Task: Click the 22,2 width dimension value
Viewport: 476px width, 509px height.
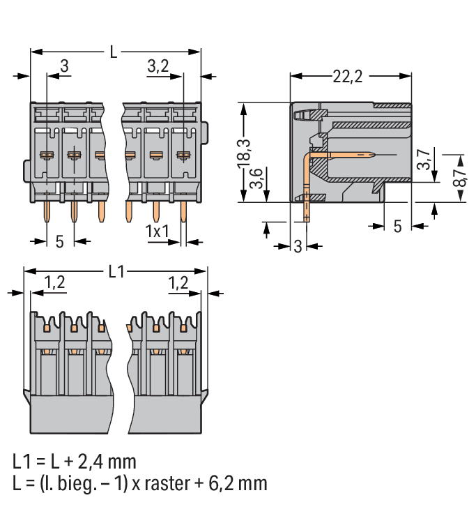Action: pyautogui.click(x=347, y=77)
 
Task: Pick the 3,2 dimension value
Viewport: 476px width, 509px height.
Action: pyautogui.click(x=159, y=66)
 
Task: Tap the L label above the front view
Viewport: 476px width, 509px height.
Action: pyautogui.click(x=114, y=52)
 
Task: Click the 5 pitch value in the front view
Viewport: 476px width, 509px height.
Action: pyautogui.click(x=59, y=241)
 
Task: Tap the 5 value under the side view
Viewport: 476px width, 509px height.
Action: pyautogui.click(x=397, y=227)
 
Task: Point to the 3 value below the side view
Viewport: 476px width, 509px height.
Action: pyautogui.click(x=298, y=246)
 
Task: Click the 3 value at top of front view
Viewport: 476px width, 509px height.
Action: pyautogui.click(x=64, y=66)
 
